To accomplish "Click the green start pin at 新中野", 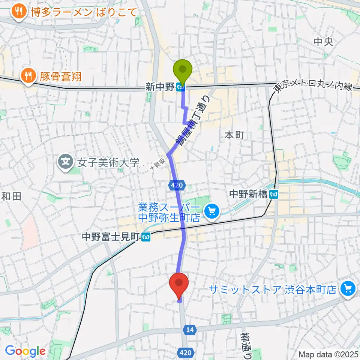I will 183,70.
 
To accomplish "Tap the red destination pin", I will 179,283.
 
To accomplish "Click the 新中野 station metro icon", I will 181,88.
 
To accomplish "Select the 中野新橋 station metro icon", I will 275,194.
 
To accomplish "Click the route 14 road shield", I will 190,329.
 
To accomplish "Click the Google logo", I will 25,351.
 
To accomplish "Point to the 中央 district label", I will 324,42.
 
